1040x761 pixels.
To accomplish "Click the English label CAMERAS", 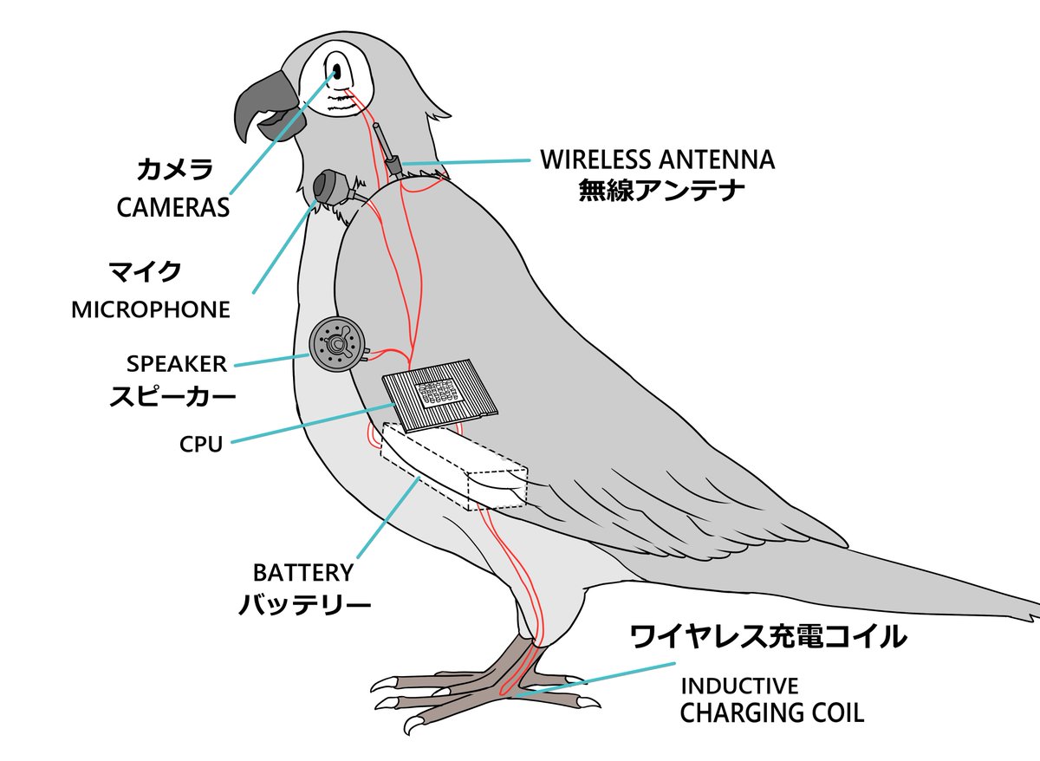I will pyautogui.click(x=172, y=208).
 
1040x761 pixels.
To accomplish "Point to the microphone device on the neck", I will pyautogui.click(x=330, y=185).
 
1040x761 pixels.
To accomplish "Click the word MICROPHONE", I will pyautogui.click(x=151, y=310).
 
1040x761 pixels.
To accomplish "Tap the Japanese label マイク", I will pyautogui.click(x=146, y=271).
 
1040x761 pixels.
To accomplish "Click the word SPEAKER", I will pyautogui.click(x=176, y=363).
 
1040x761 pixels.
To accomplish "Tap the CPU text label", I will pyautogui.click(x=201, y=445).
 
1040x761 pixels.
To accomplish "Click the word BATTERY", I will pyautogui.click(x=303, y=573).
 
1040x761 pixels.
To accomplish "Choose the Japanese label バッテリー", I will pyautogui.click(x=304, y=604).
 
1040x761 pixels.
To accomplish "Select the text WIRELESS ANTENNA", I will pyautogui.click(x=657, y=159).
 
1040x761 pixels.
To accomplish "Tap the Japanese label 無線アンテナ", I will pyautogui.click(x=661, y=190).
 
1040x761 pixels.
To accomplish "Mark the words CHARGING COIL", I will pyautogui.click(x=771, y=714).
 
